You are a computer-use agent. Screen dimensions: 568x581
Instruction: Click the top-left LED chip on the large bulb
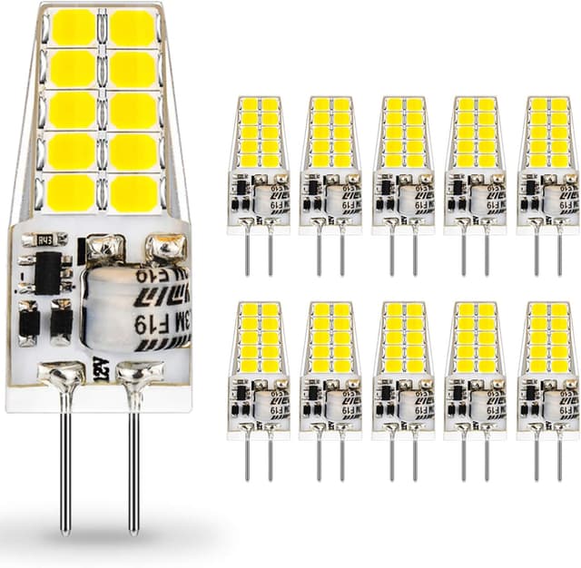[72, 27]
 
